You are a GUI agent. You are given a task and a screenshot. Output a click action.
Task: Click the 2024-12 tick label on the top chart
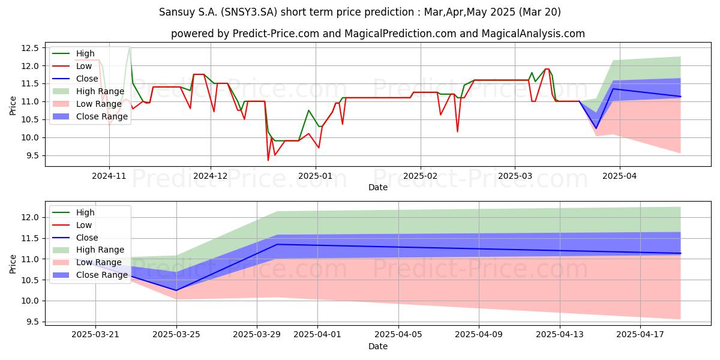pyautogui.click(x=210, y=176)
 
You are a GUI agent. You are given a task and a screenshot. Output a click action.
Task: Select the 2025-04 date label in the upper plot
pyautogui.click(x=619, y=176)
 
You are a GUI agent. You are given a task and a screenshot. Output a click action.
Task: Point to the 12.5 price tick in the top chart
pyautogui.click(x=30, y=48)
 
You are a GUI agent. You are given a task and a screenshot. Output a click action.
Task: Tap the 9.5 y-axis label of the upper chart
pyautogui.click(x=32, y=155)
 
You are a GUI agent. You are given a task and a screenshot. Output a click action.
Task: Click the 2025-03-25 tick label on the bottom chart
pyautogui.click(x=176, y=335)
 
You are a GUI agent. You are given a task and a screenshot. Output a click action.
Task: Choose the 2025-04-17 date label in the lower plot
pyautogui.click(x=640, y=335)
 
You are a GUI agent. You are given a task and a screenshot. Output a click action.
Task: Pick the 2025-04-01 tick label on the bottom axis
pyautogui.click(x=317, y=335)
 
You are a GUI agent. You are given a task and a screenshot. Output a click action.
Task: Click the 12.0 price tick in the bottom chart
pyautogui.click(x=30, y=218)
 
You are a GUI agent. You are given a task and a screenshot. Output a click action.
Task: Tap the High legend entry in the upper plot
pyautogui.click(x=74, y=53)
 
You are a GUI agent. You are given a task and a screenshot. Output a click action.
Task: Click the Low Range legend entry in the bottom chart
pyautogui.click(x=87, y=262)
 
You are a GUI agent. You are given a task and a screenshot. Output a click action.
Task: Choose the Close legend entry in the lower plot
pyautogui.click(x=75, y=238)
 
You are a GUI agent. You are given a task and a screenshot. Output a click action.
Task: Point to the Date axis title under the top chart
pyautogui.click(x=377, y=187)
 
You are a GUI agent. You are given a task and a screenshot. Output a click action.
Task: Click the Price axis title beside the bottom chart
pyautogui.click(x=13, y=264)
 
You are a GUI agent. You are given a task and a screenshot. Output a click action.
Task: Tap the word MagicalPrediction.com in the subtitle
pyautogui.click(x=400, y=34)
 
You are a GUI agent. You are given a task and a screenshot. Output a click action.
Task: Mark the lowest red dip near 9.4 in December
pyautogui.click(x=268, y=160)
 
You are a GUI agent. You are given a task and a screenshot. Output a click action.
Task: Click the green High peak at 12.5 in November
pyautogui.click(x=129, y=47)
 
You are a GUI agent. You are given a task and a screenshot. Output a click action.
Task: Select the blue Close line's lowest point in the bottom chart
pyautogui.click(x=176, y=290)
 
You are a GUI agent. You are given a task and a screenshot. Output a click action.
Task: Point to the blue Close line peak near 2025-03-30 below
pyautogui.click(x=277, y=244)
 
